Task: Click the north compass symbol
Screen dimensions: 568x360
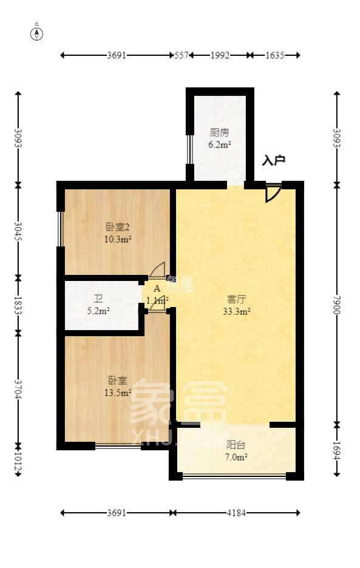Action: pos(37,33)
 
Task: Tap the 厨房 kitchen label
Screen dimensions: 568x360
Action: pos(219,133)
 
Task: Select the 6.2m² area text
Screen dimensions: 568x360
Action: pos(219,144)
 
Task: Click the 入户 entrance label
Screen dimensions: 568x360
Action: pos(273,161)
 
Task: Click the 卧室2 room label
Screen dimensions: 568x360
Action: pos(118,228)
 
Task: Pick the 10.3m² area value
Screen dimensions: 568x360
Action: pos(118,239)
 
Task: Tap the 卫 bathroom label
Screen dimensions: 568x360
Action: pos(98,299)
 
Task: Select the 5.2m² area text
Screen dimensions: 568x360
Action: pos(98,311)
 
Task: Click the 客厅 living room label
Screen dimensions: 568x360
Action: pos(236,300)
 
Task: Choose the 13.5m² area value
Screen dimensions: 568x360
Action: pos(118,392)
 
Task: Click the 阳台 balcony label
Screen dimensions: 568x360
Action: pos(236,445)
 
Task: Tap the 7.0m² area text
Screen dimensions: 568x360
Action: pos(236,456)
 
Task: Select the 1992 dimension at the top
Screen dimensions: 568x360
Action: pos(220,55)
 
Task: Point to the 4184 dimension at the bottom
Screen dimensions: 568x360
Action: pos(236,513)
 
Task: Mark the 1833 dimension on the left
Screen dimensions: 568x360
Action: pos(18,305)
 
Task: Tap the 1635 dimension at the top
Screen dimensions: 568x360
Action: pos(275,55)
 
